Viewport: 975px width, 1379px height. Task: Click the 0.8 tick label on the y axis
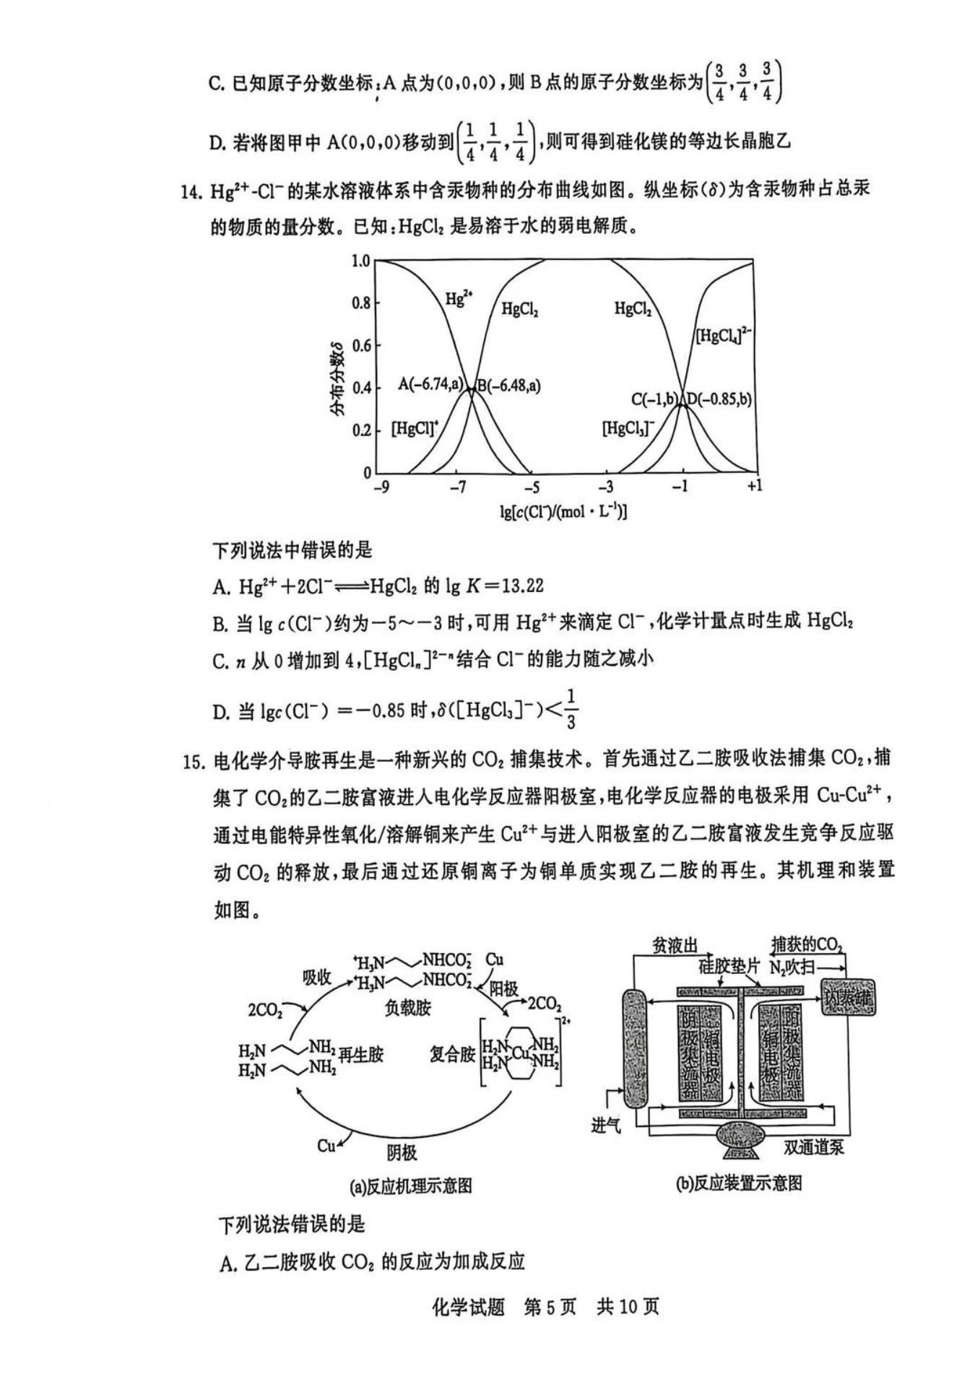coord(360,303)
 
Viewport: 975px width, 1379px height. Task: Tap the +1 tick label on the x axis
coord(754,486)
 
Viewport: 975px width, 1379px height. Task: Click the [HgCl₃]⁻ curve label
coord(628,428)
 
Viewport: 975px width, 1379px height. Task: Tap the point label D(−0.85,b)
coord(719,399)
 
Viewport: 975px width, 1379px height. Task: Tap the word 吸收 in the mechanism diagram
coord(316,978)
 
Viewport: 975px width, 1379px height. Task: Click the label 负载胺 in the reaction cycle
coord(408,1007)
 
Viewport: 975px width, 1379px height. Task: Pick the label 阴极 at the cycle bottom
coord(402,1152)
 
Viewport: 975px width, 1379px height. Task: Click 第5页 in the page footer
coord(550,1307)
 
